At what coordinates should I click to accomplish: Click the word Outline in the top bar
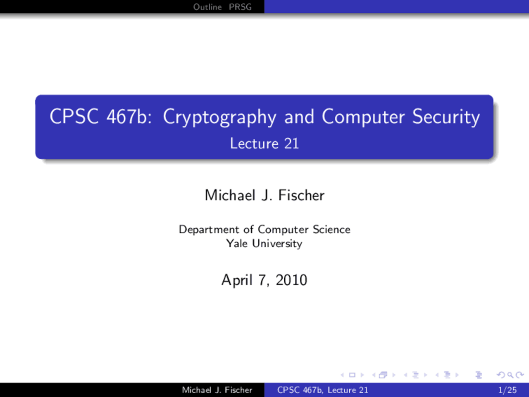(207, 7)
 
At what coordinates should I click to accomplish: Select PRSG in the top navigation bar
(240, 7)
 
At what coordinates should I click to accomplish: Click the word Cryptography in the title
(219, 117)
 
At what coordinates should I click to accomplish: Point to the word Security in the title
(446, 117)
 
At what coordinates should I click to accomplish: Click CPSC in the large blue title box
(74, 117)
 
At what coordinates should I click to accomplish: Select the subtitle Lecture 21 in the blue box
(264, 143)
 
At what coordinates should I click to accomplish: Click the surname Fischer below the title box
(301, 195)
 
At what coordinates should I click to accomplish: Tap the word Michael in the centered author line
(230, 195)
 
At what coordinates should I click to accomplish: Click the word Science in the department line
(331, 229)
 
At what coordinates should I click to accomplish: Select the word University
(277, 244)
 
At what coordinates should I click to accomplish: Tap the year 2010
(291, 280)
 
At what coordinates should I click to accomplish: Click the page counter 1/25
(508, 390)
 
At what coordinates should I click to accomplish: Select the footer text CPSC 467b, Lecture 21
(323, 390)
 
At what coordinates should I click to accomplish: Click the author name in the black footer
(217, 390)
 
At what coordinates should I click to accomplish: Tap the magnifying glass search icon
(510, 375)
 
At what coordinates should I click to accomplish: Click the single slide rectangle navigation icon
(352, 375)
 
